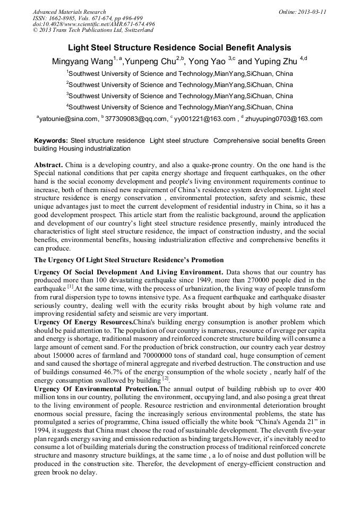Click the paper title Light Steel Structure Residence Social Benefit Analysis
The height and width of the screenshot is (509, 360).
[179, 47]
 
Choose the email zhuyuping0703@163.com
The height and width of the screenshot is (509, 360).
[284, 119]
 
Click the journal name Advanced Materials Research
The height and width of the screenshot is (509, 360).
[69, 12]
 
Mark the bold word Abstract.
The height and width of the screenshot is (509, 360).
[49, 166]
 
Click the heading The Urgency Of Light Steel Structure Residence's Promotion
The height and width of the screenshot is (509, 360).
[129, 260]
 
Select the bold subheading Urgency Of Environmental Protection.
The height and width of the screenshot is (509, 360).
[97, 389]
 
